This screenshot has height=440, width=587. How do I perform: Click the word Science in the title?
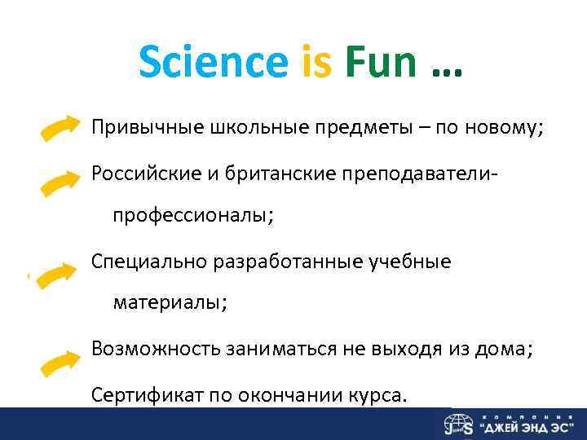point(214,61)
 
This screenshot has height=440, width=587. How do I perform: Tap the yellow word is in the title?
point(317,61)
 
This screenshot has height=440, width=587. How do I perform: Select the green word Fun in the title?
point(381,61)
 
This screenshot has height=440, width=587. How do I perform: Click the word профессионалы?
point(193,216)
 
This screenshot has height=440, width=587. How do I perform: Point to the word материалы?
point(170,303)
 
